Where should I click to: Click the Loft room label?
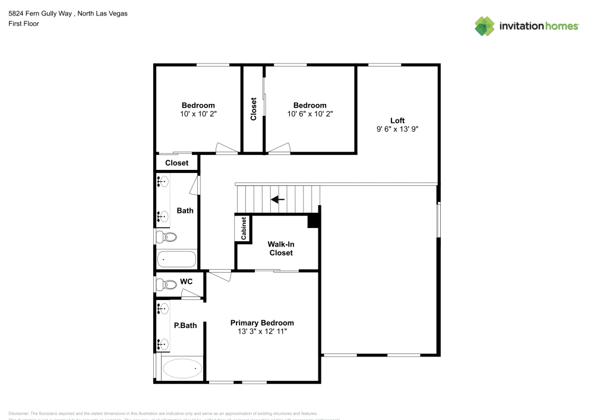pos(397,121)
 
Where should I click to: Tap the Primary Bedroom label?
pos(262,323)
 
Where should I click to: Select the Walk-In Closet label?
pos(280,248)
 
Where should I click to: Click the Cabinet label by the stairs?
pos(244,228)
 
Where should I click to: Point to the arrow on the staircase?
pos(277,200)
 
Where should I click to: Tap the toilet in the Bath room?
pos(166,238)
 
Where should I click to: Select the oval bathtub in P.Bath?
pos(182,369)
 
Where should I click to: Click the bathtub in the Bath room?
pos(176,259)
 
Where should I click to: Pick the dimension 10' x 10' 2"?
pos(198,114)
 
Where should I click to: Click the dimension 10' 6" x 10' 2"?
pos(309,114)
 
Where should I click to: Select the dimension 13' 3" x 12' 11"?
pos(262,331)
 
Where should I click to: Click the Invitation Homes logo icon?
pos(485,26)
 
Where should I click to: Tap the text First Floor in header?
pos(24,24)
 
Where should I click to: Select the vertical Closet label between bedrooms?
pos(254,109)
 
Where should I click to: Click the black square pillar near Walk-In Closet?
pos(313,220)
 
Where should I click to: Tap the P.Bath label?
pos(185,326)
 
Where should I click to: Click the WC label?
pos(186,281)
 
